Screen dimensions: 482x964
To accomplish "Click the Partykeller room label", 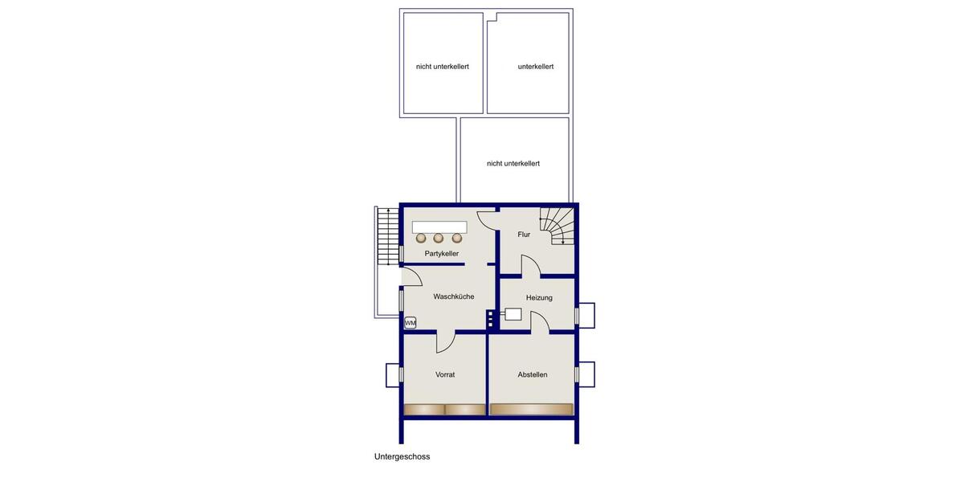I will [x=442, y=254].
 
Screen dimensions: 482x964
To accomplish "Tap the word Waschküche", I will [x=454, y=296].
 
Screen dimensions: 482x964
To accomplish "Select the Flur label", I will [x=524, y=235].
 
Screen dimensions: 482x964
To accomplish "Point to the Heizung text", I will [x=539, y=298].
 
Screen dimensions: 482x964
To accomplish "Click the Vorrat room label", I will [x=445, y=374].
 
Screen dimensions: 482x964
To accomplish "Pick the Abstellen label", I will [x=533, y=374].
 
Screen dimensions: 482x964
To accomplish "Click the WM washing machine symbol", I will [x=410, y=323].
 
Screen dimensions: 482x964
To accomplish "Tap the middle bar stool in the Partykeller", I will [x=439, y=238].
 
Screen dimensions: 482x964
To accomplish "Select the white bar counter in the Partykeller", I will [x=439, y=227].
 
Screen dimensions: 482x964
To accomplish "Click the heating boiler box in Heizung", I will [x=513, y=315].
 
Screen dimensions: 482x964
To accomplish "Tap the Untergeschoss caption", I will [x=402, y=456].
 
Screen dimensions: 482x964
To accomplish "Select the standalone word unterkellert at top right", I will [x=536, y=67].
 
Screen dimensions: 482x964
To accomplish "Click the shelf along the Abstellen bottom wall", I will [x=532, y=410].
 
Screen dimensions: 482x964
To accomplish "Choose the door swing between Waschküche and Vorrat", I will [x=445, y=342].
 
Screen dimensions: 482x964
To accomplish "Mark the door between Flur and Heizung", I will [x=530, y=267].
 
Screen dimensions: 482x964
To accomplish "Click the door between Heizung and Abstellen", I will [x=539, y=323].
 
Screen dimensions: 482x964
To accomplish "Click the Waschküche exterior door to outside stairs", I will [x=412, y=278].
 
